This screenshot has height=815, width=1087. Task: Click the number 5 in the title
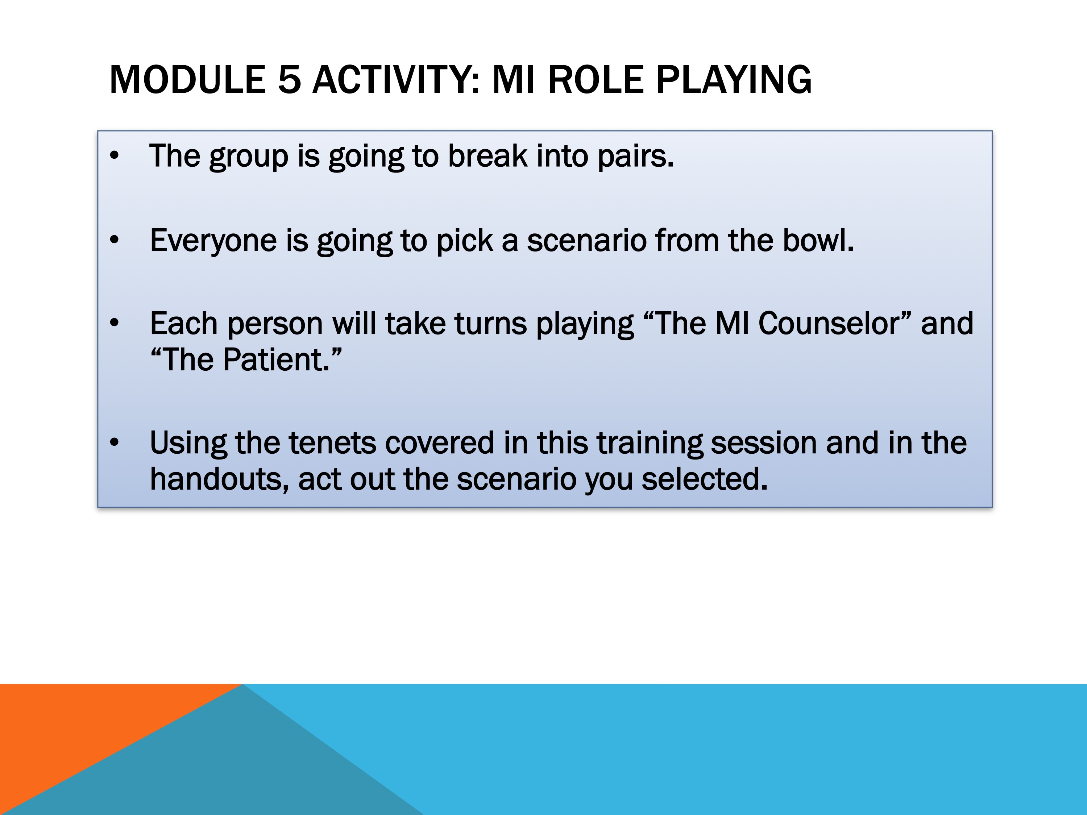pos(289,80)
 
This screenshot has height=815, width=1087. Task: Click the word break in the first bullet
pos(487,156)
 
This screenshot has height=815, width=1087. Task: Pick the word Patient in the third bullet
pos(276,360)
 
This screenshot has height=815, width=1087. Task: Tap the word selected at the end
pos(704,479)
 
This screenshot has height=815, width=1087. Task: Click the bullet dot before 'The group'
pos(115,156)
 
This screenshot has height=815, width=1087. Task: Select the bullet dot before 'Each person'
pos(115,323)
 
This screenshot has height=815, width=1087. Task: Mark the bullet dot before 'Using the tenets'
pos(115,442)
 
